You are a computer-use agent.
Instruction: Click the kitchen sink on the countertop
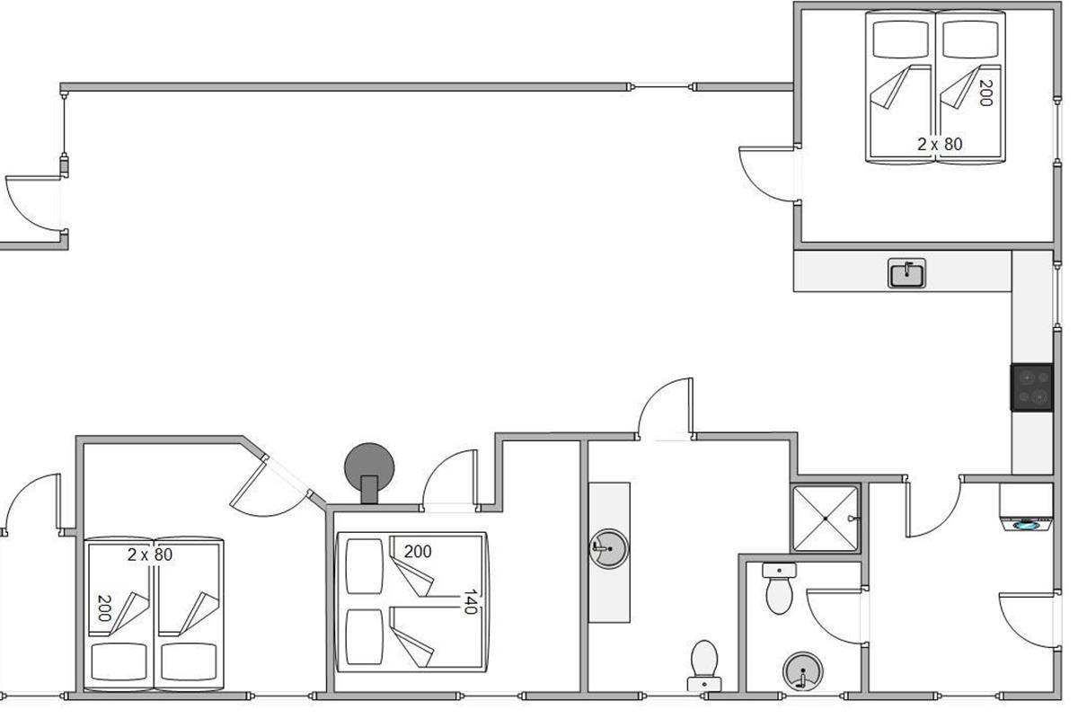[907, 273]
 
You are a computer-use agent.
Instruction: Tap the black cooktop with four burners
[1031, 386]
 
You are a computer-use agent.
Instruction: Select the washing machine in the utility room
[1026, 509]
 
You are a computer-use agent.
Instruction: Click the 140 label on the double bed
[468, 603]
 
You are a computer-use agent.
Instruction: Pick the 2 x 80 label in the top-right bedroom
[940, 143]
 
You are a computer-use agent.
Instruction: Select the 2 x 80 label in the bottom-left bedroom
[149, 555]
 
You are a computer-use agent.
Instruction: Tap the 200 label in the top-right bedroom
[985, 93]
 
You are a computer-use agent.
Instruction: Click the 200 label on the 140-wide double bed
[417, 551]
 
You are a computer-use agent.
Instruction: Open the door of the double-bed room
[449, 481]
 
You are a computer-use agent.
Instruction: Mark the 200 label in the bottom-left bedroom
[104, 608]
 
